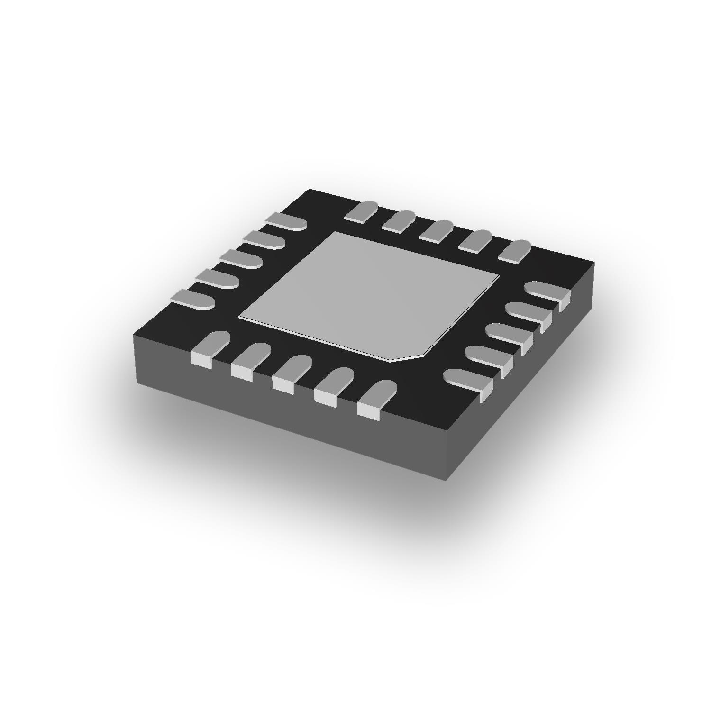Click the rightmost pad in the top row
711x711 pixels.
coord(515,251)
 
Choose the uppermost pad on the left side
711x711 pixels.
coord(286,222)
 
